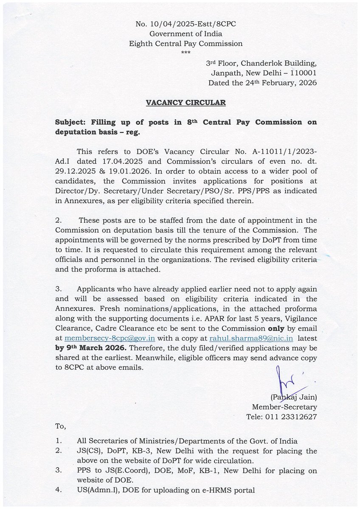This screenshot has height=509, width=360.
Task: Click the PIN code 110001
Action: click(x=301, y=73)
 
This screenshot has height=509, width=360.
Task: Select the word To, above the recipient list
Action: click(x=61, y=425)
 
